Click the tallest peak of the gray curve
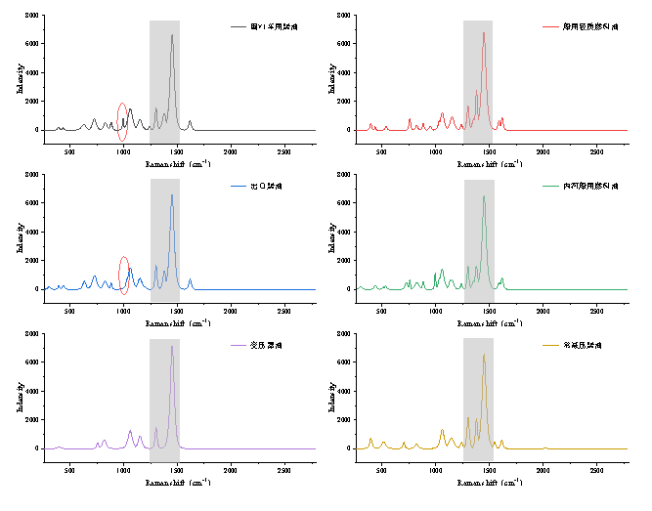coord(172,36)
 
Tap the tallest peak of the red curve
coord(483,33)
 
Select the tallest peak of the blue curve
coord(172,195)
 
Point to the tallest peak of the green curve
coord(483,197)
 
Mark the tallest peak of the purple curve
coord(172,347)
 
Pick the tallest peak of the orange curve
coord(483,356)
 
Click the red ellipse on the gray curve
coord(122,122)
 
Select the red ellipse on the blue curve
coord(124,276)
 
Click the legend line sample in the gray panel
coord(239,26)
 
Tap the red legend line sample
coord(550,26)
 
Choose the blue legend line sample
coord(239,186)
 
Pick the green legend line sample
coord(550,186)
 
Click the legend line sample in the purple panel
coord(239,345)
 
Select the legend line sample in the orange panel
coord(550,345)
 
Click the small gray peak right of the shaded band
coord(190,122)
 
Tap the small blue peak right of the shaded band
coord(190,280)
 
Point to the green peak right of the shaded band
coord(502,279)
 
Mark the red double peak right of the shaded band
coord(500,121)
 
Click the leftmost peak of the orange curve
coord(370,440)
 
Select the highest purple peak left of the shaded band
coord(130,432)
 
